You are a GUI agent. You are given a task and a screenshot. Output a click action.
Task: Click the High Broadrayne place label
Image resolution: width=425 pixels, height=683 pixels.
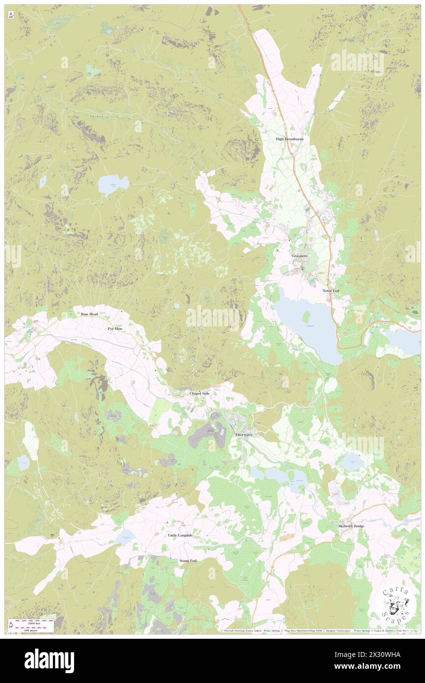(289, 139)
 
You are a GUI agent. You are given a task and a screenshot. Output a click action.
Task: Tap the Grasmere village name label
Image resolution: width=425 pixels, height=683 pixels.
(299, 256)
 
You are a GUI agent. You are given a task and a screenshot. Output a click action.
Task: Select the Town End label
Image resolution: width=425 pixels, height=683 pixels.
(330, 291)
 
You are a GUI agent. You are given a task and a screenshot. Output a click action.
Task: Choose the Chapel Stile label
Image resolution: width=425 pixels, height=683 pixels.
(199, 394)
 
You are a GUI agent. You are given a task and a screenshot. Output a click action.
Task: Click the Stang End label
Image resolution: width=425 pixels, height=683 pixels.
(188, 561)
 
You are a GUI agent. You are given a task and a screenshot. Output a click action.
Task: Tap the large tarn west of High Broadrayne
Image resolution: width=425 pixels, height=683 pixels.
(113, 185)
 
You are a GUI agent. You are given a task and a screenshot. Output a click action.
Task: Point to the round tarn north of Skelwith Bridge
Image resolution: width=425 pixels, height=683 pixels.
(352, 461)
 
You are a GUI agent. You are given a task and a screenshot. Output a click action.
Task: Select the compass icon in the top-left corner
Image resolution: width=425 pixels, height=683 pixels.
(11, 15)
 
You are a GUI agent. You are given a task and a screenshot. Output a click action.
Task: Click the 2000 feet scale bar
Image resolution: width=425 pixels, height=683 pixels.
(34, 621)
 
